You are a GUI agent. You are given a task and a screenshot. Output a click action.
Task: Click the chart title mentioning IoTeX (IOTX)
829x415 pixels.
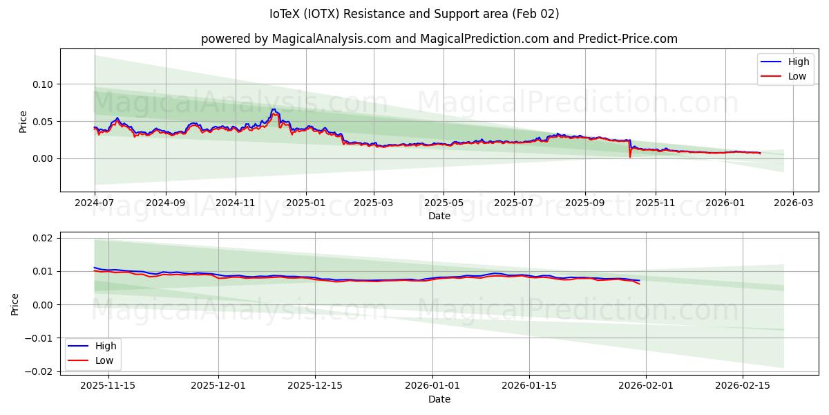[414, 14]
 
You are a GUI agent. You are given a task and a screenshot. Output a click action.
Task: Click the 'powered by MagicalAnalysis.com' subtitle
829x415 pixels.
[439, 39]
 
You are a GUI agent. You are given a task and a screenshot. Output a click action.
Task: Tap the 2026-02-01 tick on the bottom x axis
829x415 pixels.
[646, 385]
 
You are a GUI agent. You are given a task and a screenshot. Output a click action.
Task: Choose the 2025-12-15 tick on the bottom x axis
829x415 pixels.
[315, 385]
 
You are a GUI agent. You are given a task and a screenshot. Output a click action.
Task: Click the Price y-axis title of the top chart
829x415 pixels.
[23, 122]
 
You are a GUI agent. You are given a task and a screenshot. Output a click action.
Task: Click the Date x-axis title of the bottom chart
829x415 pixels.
[439, 399]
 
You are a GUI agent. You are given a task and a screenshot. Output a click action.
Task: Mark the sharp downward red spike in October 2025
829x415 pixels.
[629, 156]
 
